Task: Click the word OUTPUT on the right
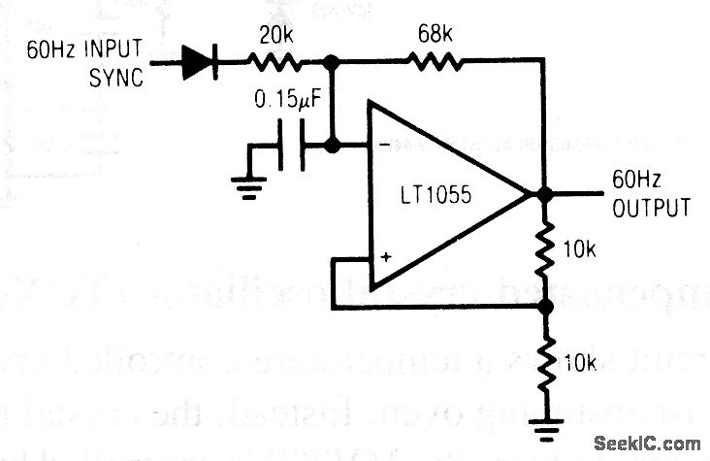[x=652, y=209]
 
